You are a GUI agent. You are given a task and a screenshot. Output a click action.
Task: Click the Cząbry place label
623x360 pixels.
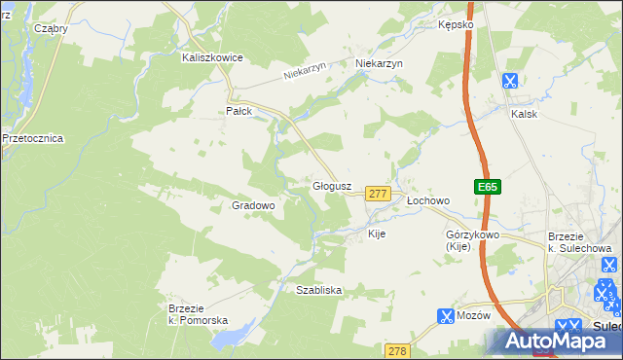coord(51,28)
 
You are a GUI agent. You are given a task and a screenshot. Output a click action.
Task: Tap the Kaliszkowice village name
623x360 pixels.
coord(212,57)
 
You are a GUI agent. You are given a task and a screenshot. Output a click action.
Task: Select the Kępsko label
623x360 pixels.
coord(456,24)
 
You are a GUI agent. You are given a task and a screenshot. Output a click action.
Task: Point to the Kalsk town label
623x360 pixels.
coord(525,113)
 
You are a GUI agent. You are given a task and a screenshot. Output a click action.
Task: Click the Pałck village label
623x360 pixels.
coord(239,111)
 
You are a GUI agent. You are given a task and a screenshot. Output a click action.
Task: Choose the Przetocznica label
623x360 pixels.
coord(32,138)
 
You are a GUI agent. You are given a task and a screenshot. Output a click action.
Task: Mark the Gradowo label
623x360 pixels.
coord(254,205)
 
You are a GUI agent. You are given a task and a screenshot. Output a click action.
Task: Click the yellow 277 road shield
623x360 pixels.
coord(379,195)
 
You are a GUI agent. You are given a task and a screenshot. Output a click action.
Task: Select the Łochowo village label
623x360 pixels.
coord(428,200)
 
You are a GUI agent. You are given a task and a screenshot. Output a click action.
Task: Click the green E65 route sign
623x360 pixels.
coord(488,187)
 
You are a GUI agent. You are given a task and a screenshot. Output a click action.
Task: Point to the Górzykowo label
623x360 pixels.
coord(472,235)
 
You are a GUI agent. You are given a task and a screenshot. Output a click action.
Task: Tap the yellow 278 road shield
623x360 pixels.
coord(396,350)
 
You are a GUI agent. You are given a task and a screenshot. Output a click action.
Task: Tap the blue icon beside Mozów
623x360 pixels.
coord(446,316)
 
